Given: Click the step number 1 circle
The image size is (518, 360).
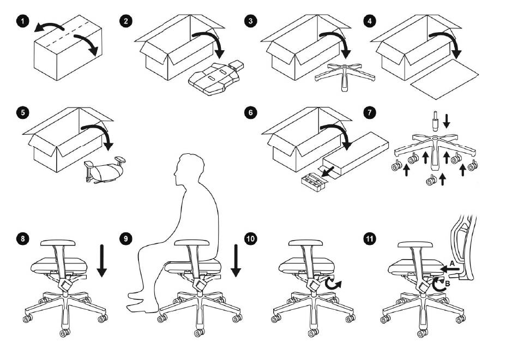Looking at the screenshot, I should [x=22, y=21].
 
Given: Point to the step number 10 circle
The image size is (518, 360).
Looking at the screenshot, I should [x=250, y=238].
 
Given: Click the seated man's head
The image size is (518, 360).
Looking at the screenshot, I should [x=188, y=169].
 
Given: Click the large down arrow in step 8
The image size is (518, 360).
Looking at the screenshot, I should [x=101, y=260].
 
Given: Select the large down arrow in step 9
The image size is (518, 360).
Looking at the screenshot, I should [x=236, y=260].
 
